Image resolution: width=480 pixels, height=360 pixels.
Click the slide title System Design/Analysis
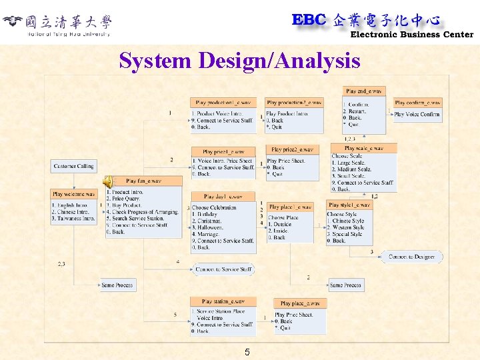coord(239,61)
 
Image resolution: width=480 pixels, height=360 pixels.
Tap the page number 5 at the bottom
coord(247,352)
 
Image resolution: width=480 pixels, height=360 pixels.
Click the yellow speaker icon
coord(107,181)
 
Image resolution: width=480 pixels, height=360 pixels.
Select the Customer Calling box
coord(74,166)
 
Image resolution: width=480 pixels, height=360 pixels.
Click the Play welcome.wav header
coord(73,194)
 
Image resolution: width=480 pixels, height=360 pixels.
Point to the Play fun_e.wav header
coord(143,181)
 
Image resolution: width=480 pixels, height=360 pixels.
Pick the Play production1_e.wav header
coord(223,103)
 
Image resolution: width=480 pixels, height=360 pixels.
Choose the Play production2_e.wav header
coord(294,103)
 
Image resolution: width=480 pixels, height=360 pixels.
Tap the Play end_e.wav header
coord(365,91)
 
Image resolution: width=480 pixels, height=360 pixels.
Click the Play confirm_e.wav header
coord(417,103)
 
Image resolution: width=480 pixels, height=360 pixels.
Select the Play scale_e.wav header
coord(364,148)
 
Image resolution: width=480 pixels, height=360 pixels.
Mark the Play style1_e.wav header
coord(349,205)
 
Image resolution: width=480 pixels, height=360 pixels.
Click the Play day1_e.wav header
coord(223,197)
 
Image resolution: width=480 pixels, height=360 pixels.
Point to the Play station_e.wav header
coord(223,301)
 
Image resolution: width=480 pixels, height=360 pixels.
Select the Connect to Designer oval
coord(411,257)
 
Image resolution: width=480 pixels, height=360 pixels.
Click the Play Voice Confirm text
coord(417,114)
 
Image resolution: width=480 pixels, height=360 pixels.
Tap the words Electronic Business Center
coord(412,35)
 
